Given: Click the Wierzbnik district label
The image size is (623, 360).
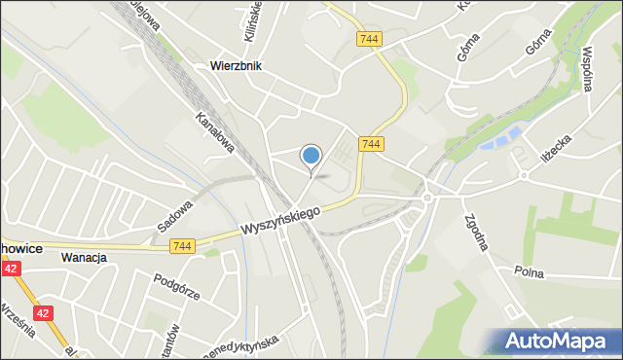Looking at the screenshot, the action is point(236,67).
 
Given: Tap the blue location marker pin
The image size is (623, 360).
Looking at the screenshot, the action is point(311,156).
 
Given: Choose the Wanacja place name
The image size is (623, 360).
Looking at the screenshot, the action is point(82,258).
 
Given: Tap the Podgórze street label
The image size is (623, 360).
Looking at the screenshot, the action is point(176,288).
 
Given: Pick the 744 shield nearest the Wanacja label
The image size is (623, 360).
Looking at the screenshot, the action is point(180,248).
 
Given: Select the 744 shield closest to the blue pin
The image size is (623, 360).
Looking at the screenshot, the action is point(370,144).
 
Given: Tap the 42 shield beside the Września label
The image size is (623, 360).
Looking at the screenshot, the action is point(43,313).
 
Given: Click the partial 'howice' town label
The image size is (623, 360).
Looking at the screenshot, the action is point(20,249).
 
